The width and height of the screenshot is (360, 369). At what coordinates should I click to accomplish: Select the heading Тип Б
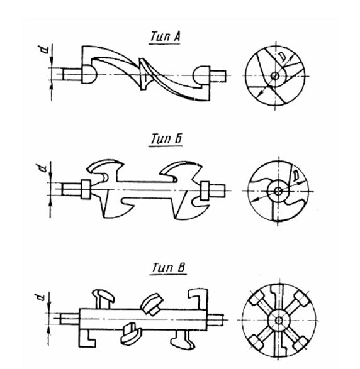point(166,139)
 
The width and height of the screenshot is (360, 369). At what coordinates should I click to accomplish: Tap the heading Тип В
point(169,268)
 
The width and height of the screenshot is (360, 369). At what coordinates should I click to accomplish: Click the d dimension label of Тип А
point(44,49)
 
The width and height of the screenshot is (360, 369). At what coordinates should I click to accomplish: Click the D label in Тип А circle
point(283,57)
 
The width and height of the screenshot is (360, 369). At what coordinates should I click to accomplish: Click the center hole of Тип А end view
point(274,76)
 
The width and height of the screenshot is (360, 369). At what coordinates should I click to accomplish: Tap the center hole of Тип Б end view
point(278,191)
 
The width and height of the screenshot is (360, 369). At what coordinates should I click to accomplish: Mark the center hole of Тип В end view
point(279,321)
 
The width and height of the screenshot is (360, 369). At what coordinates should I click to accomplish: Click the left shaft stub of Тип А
point(72,74)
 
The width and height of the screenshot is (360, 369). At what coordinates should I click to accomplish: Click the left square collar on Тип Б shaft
point(86,189)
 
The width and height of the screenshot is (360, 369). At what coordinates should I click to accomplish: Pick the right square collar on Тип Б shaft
point(205,190)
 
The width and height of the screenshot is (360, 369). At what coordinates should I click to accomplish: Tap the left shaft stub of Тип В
point(69,319)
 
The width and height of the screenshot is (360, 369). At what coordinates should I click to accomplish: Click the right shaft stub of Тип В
point(215,319)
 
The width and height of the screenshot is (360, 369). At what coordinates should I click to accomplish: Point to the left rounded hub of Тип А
point(89,74)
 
